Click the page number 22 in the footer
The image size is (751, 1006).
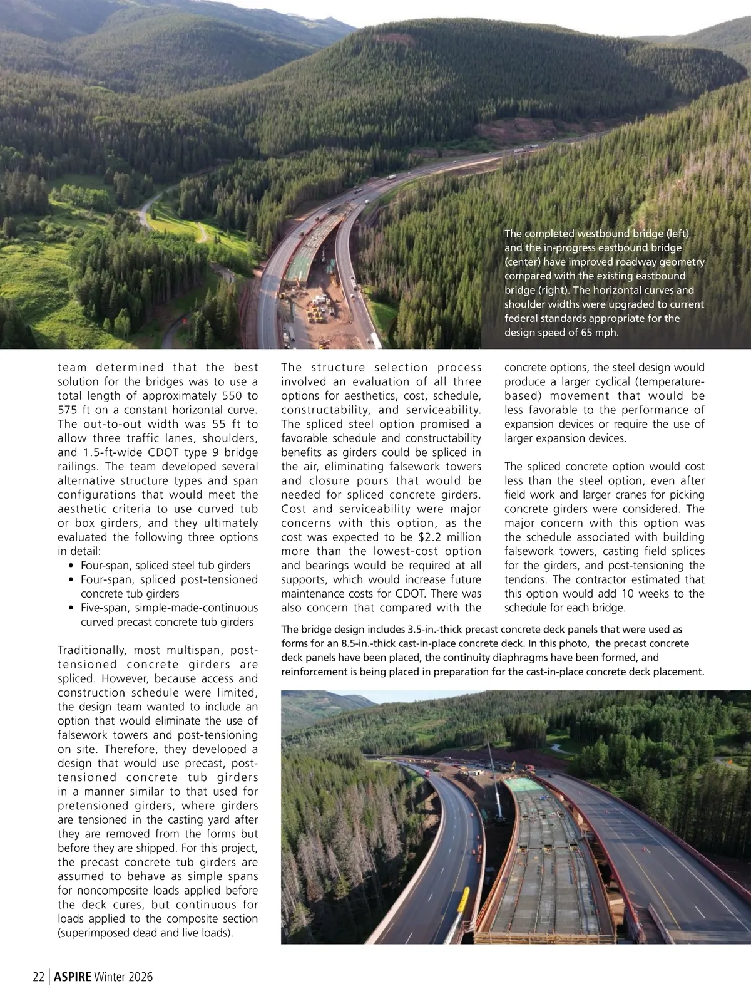coord(38,977)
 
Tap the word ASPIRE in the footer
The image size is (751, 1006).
coord(73,977)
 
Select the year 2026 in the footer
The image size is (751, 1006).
coord(140,977)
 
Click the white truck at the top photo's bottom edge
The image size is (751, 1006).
coord(375,341)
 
